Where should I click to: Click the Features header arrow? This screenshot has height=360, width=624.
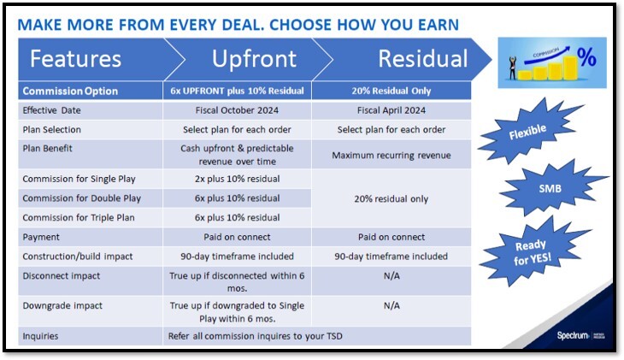point(77,59)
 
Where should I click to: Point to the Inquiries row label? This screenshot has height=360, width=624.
point(41,336)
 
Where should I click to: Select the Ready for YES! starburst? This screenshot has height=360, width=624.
point(527,248)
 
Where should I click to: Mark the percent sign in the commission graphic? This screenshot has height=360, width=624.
point(587,58)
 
